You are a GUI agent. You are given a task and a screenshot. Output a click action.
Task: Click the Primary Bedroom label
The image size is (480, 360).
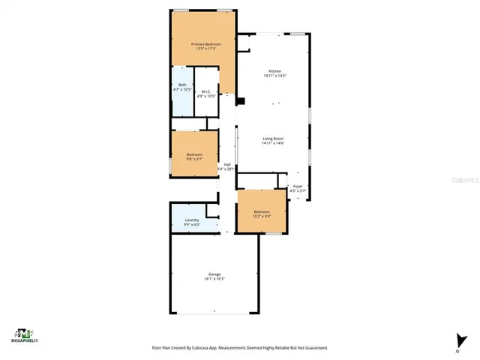pos(205,45)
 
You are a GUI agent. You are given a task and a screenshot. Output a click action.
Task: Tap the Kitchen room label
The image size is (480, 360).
pos(272,71)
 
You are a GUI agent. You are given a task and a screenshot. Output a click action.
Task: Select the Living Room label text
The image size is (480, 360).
pos(272,139)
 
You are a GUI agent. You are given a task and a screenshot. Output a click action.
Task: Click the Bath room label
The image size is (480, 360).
pos(182,85)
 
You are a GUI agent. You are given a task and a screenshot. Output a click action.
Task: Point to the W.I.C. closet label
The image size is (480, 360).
pos(205,91)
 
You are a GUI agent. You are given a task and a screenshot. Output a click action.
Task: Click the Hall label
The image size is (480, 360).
pos(226,164)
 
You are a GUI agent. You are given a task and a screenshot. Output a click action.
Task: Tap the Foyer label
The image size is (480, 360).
pos(298,185)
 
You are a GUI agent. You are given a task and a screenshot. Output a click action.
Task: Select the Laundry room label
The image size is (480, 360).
pos(192,220)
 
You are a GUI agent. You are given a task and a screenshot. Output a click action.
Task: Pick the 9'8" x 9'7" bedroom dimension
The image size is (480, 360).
pos(195,159)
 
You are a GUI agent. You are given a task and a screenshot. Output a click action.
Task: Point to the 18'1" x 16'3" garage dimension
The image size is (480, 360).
pos(214,279)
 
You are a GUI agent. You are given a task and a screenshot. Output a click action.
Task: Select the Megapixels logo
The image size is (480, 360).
pos(25,334)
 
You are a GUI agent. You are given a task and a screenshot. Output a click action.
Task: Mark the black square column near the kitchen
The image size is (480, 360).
pos(240,101)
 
